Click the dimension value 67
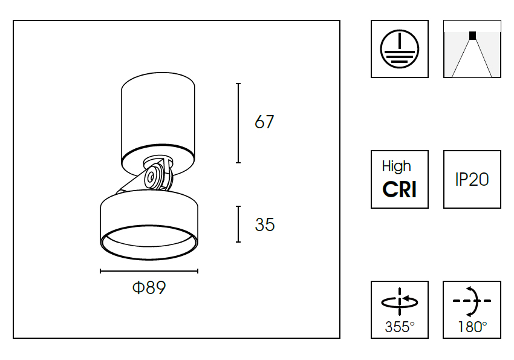264,122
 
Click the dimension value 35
264,225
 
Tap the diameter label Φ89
149,288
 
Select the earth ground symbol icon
399,49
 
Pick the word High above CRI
397,166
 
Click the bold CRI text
399,190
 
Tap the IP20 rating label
472,180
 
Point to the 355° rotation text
400,327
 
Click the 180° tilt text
472,327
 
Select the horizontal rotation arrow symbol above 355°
400,301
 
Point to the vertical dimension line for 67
238,123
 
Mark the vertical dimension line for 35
238,224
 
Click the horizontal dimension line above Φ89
149,271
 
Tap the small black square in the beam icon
472,35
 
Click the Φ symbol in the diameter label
138,288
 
